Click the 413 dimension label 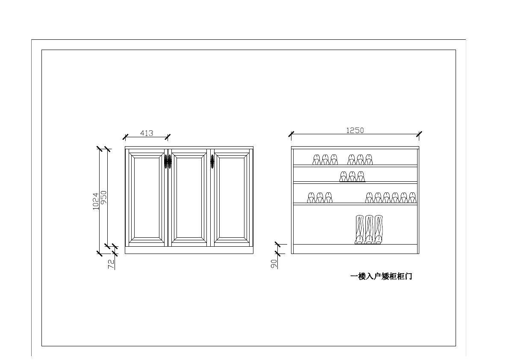click(147, 133)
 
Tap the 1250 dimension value click(355, 130)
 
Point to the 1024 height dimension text click(96, 201)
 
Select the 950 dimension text click(103, 198)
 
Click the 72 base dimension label click(111, 264)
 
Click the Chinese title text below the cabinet click(381, 277)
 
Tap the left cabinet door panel click(146, 197)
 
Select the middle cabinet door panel click(189, 197)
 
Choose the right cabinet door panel click(231, 197)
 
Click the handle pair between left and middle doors click(168, 162)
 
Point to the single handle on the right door click(212, 162)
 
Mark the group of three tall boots click(369, 230)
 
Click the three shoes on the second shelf click(352, 176)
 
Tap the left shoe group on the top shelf click(325, 159)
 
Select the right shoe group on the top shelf click(360, 159)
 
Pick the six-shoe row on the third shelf click(391, 198)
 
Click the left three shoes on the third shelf click(320, 198)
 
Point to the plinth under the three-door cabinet click(189, 251)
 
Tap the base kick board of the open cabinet click(355, 249)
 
